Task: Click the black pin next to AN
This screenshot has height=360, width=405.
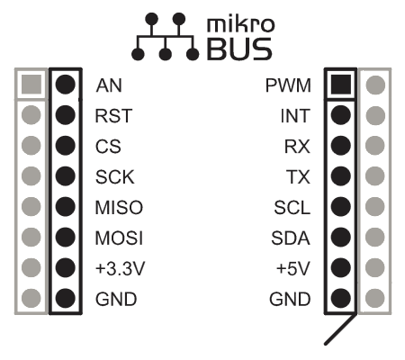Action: coord(66,85)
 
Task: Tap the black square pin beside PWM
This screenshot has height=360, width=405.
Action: coord(341,85)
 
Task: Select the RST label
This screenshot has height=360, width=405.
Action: coord(113,116)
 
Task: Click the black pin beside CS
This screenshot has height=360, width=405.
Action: coord(66,146)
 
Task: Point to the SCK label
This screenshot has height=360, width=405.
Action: coord(115,176)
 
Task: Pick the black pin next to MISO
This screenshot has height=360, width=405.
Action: coord(66,207)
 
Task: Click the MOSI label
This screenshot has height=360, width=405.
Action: coord(119,238)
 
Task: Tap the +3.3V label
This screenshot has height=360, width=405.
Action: coord(120,268)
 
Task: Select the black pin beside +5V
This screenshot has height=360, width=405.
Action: coord(341,267)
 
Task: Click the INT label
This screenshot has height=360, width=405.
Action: coord(295,116)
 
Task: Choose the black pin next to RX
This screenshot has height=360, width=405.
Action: coord(341,146)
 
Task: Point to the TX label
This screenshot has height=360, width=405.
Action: coord(298,176)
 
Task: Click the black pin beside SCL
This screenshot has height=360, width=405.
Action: coord(341,207)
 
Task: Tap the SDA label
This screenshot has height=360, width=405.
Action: coord(291,238)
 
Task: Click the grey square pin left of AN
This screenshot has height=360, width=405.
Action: coord(31,85)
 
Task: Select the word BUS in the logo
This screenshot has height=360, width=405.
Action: coord(239,49)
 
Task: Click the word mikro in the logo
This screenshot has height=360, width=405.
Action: coord(240,24)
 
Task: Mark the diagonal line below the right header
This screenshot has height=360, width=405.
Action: coord(340,329)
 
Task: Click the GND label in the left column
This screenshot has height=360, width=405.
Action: coord(116,299)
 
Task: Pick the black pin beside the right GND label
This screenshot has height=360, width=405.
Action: coord(341,298)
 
